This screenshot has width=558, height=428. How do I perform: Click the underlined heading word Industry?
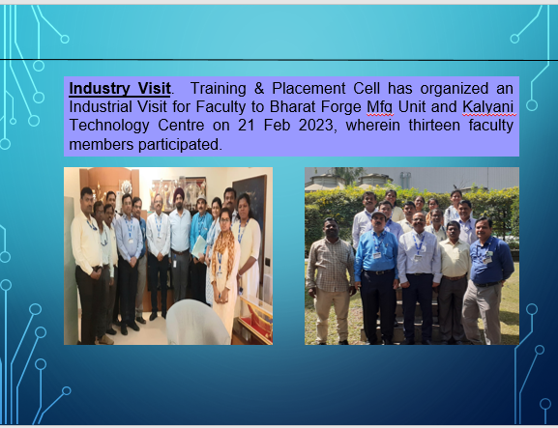click(95, 89)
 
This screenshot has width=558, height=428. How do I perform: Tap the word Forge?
click(341, 107)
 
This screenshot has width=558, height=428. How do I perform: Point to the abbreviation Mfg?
click(380, 107)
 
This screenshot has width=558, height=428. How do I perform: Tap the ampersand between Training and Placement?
click(259, 89)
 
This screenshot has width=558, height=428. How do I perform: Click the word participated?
click(180, 145)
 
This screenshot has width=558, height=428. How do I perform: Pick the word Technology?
click(109, 127)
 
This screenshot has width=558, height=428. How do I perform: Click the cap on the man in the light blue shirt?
click(378, 214)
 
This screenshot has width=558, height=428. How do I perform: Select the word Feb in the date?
click(277, 126)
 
